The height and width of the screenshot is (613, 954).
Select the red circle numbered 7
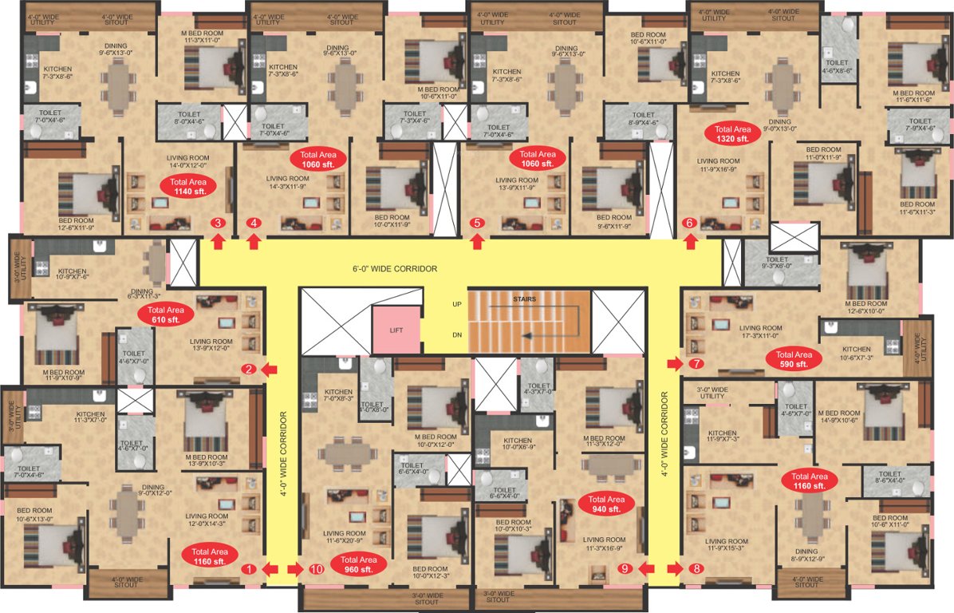(x=696, y=364)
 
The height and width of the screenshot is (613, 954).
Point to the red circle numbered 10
(x=317, y=569)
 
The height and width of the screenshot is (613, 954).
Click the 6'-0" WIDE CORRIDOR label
(x=396, y=269)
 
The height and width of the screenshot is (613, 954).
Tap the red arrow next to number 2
(x=269, y=369)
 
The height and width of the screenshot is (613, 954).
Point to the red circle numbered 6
(x=690, y=223)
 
